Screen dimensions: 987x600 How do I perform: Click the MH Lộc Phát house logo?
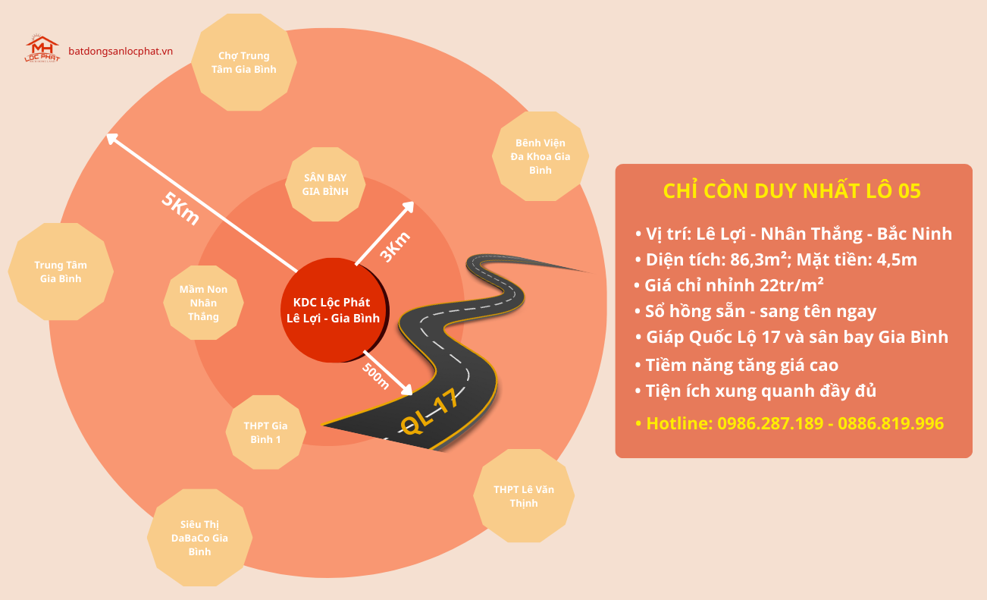[x=42, y=49]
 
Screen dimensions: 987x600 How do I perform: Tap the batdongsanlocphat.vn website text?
[x=121, y=51]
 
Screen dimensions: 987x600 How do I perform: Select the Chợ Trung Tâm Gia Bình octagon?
[x=243, y=62]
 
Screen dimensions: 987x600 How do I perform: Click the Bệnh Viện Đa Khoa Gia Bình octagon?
[x=540, y=156]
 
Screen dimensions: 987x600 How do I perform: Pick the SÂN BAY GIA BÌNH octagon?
[x=325, y=184]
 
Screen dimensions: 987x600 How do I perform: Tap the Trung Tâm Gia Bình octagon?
[x=61, y=272]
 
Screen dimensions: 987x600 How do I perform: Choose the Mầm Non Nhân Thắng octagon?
[x=203, y=303]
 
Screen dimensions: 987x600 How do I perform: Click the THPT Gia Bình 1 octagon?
[x=265, y=432]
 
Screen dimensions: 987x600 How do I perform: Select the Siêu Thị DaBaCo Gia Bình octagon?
[x=199, y=537]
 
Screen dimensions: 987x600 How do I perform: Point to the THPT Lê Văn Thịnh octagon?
[x=524, y=496]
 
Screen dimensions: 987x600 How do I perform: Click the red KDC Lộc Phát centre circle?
[x=334, y=310]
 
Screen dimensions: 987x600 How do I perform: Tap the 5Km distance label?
[x=180, y=208]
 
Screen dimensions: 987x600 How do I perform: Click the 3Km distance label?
[x=395, y=247]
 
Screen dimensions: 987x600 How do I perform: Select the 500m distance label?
[x=376, y=376]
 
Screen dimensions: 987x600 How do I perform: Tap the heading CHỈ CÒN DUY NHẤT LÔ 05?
[x=792, y=190]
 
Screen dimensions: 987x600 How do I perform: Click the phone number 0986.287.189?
[x=770, y=423]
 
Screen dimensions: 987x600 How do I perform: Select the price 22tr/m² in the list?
[x=791, y=284]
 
